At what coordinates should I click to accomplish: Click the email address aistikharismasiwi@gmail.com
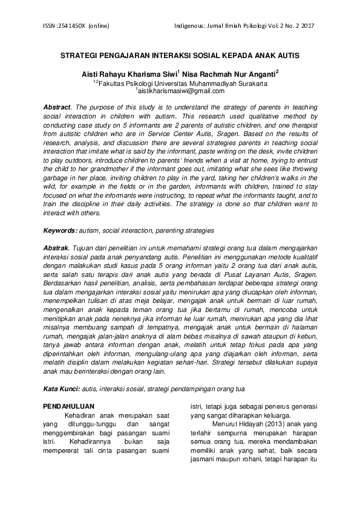(x=181, y=91)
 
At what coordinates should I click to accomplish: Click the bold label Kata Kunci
(x=62, y=388)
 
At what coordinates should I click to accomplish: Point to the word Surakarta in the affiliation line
(x=249, y=83)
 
